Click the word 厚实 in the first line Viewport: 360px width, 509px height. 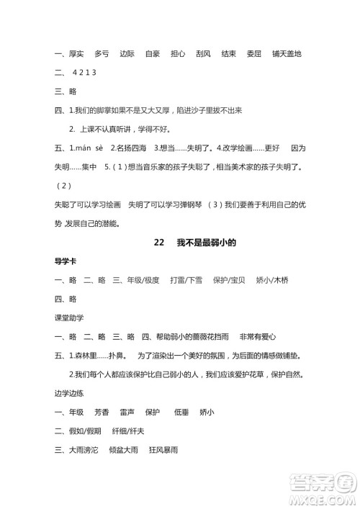75,53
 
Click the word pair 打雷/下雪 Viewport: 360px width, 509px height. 186,279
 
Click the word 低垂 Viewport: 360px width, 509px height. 182,412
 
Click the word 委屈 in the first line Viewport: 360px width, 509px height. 252,53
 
